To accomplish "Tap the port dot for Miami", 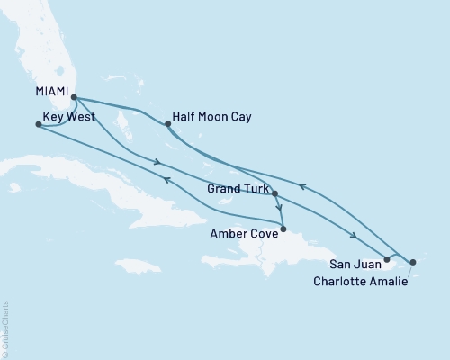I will (x=74, y=98).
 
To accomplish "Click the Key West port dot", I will (x=37, y=125).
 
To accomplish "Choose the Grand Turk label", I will (x=237, y=190).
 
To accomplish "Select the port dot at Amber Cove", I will (x=283, y=229).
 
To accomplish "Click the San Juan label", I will (x=354, y=263).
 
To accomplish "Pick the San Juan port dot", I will (x=386, y=260).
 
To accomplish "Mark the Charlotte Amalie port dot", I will (x=411, y=263).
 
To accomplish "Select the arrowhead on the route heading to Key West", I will (x=166, y=180).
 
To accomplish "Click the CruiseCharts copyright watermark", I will (x=5, y=329).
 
